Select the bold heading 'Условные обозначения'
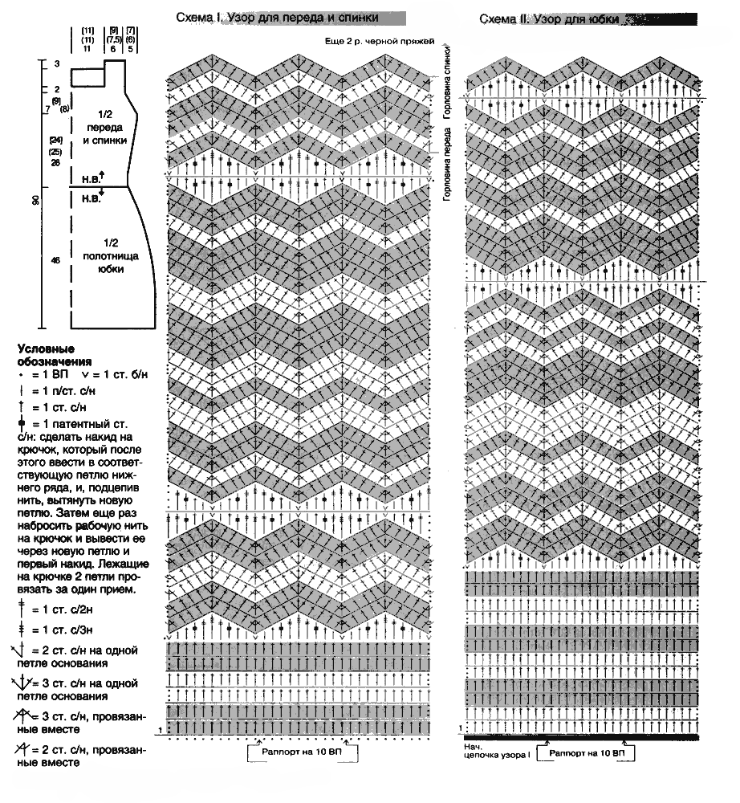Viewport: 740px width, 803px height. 47,355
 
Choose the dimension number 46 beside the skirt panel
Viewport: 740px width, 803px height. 55,260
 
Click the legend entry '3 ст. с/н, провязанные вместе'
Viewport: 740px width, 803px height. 80,721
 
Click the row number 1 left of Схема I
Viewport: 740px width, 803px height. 161,729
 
